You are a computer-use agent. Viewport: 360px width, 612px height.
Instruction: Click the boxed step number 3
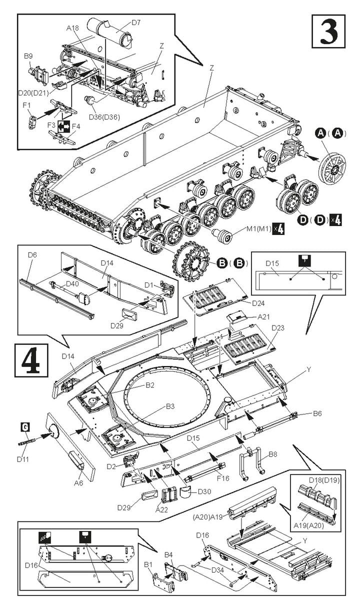click(x=328, y=31)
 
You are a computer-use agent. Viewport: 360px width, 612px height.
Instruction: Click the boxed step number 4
click(x=31, y=360)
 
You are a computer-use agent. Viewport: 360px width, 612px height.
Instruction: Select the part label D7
click(x=136, y=22)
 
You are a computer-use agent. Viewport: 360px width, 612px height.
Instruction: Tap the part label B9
click(x=28, y=56)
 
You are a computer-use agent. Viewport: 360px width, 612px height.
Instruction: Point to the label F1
click(x=27, y=105)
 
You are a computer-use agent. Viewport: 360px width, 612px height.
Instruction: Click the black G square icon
click(x=25, y=427)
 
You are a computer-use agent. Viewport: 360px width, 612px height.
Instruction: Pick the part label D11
click(x=22, y=459)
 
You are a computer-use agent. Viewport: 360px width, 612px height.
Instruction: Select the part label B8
click(x=273, y=454)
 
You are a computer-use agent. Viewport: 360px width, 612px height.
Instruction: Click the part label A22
click(x=161, y=509)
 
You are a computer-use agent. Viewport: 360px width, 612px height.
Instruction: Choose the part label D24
click(x=258, y=303)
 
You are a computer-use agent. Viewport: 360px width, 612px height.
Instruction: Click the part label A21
click(x=264, y=316)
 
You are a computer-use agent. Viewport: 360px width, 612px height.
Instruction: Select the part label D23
click(x=278, y=327)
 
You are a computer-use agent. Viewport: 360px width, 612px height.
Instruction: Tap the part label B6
click(x=317, y=413)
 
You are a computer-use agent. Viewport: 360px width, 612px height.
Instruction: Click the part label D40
click(x=72, y=284)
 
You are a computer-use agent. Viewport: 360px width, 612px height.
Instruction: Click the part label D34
click(x=218, y=570)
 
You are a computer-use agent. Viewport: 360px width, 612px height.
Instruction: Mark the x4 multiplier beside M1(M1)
click(x=278, y=228)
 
